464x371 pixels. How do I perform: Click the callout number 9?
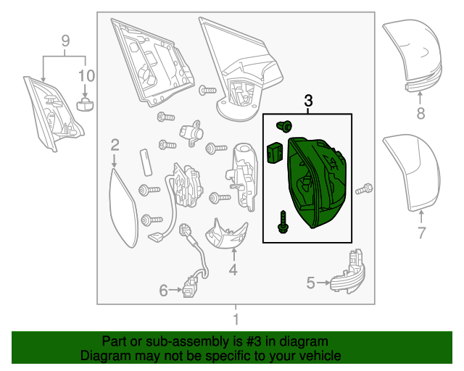pos(65,41)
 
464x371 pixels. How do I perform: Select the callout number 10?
pos(86,75)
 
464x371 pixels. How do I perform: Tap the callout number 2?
pos(115,145)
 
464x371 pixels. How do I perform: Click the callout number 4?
pos(233,270)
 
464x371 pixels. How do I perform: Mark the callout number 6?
pos(165,291)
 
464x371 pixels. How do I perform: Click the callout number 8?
pos(420,113)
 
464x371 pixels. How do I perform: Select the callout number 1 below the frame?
pos(235,320)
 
